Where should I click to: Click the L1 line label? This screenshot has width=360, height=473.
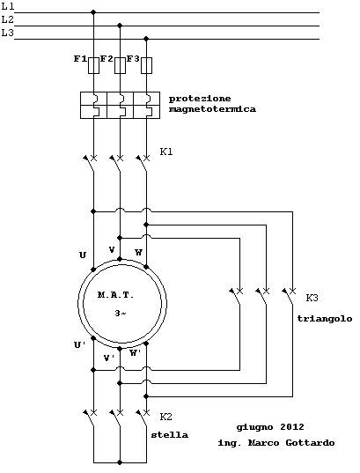(x=8, y=6)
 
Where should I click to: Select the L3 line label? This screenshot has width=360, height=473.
(x=8, y=33)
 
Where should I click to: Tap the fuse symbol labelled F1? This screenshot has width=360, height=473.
(x=93, y=65)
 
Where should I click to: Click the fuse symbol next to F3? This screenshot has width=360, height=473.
(x=146, y=65)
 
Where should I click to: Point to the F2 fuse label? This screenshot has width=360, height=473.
(x=107, y=58)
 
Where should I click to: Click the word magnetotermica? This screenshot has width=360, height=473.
(x=212, y=109)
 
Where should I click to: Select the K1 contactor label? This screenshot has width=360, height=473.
(x=166, y=152)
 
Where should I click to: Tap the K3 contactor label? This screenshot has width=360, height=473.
(x=312, y=298)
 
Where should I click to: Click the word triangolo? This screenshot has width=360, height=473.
(x=325, y=319)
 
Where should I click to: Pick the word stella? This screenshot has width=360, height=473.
(x=170, y=435)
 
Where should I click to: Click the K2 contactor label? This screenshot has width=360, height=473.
(x=165, y=417)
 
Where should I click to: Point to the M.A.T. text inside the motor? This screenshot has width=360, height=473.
(x=115, y=295)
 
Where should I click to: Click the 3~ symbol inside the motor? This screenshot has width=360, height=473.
(x=121, y=314)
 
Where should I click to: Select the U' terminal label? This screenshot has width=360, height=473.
(x=80, y=344)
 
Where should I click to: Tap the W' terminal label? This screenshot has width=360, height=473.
(x=136, y=352)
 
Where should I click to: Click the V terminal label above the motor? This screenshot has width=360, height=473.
(x=112, y=250)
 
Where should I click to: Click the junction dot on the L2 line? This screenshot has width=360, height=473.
(x=120, y=26)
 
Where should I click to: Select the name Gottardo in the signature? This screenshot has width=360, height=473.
(x=310, y=443)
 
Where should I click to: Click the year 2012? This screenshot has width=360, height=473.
(x=292, y=427)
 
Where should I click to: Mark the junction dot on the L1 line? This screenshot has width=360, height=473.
(x=93, y=12)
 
